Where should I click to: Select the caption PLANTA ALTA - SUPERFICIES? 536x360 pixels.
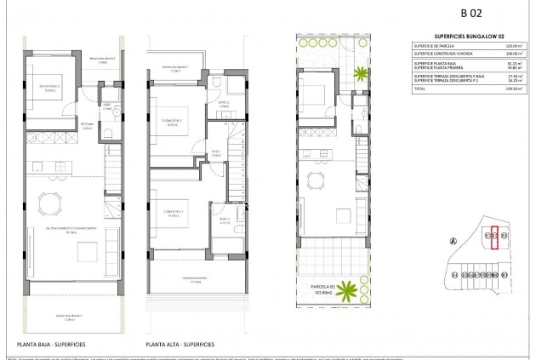click(x=180, y=345)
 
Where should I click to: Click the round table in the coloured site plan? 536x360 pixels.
click(x=319, y=179)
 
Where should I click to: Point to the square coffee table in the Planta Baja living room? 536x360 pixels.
click(x=87, y=252)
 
